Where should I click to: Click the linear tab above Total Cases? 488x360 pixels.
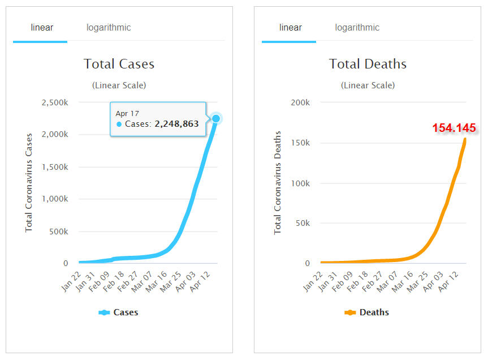(x=41, y=28)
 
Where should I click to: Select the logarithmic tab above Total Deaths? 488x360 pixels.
(x=357, y=28)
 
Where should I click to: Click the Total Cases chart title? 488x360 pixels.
(x=119, y=64)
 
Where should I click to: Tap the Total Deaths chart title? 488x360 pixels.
(x=368, y=64)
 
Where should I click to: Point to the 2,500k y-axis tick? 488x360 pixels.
(x=55, y=102)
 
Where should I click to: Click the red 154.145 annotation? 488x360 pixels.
(x=454, y=128)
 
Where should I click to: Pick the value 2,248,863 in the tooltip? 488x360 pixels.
(x=176, y=124)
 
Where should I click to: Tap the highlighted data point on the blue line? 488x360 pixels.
(x=215, y=118)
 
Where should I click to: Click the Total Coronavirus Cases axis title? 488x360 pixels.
(x=29, y=182)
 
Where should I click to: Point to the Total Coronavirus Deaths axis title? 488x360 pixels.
(x=278, y=182)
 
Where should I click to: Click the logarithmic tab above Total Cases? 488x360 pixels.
(x=109, y=28)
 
